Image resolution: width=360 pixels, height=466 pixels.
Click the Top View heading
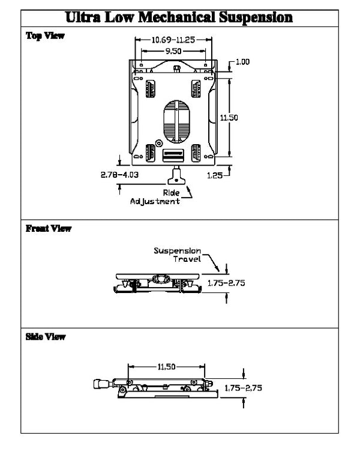point(45,35)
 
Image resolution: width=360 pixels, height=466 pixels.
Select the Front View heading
point(49,228)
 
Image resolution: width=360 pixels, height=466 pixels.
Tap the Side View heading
point(46,337)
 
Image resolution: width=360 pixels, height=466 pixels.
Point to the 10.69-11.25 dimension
point(173,40)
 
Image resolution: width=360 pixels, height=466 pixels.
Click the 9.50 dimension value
point(173,52)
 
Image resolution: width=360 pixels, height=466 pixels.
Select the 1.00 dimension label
point(242,62)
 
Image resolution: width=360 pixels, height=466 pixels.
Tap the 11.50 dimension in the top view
point(229,118)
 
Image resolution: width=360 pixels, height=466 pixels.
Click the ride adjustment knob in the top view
point(177,177)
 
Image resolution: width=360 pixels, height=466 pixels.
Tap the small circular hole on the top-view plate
point(158,143)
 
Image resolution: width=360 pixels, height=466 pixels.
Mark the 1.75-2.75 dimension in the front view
point(227,282)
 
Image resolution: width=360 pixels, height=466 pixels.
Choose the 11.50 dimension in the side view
point(167,368)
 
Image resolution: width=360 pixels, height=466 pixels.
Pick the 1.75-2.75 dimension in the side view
point(243,389)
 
